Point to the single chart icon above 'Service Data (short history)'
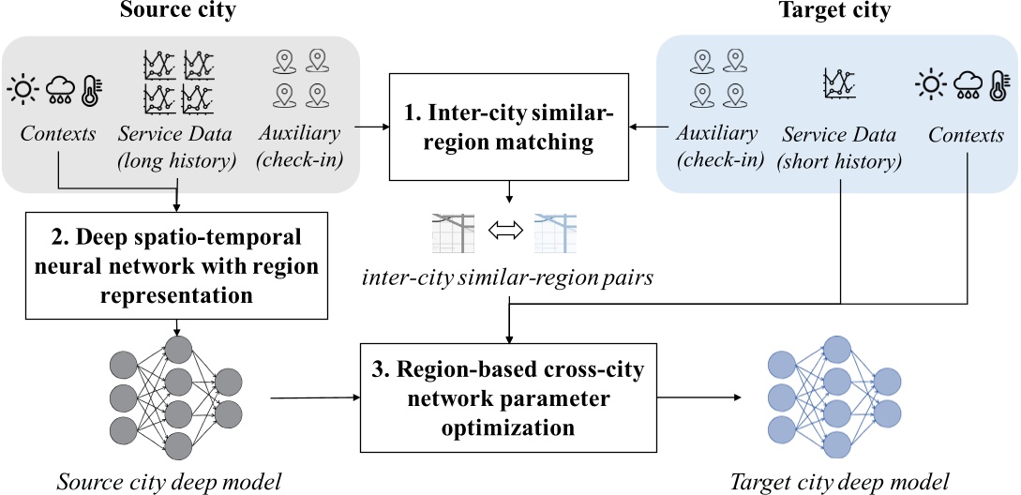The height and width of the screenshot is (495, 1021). pos(836,84)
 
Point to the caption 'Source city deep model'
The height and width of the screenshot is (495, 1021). pos(170,481)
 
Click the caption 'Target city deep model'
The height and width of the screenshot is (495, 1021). pos(839,481)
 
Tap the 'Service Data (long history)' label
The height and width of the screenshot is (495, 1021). pos(176,147)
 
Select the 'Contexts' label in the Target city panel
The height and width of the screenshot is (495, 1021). pos(966,135)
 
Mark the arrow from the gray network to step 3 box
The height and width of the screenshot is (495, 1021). pos(314,398)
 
